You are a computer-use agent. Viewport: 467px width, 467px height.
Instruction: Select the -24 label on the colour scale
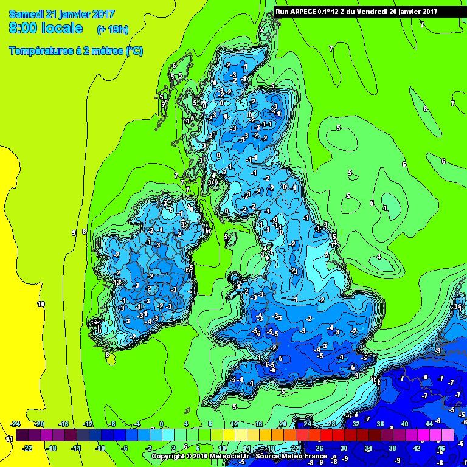pyautogui.click(x=16, y=424)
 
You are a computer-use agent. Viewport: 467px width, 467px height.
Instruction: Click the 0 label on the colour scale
pyautogui.click(x=161, y=424)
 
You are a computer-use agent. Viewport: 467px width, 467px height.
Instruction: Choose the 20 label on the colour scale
pyautogui.click(x=283, y=424)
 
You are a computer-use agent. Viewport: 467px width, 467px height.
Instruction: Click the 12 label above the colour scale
pyautogui.click(x=234, y=424)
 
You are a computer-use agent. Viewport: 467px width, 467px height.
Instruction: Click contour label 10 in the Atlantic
pyautogui.click(x=41, y=304)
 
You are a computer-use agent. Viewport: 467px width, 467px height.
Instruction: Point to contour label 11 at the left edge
pyautogui.click(x=9, y=438)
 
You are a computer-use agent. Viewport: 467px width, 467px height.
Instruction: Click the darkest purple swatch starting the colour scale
pyautogui.click(x=22, y=435)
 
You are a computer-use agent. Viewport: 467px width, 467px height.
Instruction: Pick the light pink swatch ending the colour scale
pyautogui.click(x=448, y=435)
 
